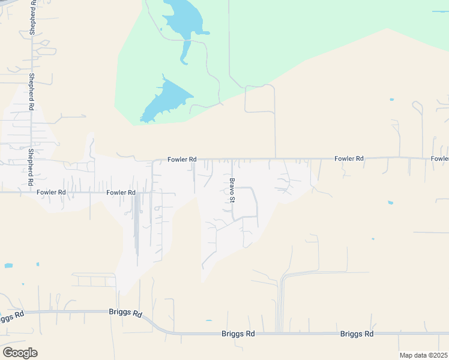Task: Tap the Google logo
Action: tap(20, 352)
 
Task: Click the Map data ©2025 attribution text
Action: tap(424, 355)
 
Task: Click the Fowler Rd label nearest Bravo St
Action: tap(182, 160)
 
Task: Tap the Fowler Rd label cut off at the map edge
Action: tap(439, 158)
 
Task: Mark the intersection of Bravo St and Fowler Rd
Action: tap(232, 160)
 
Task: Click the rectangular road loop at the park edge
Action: tap(259, 99)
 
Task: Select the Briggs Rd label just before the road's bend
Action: tap(125, 313)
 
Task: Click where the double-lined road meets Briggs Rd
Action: tap(280, 333)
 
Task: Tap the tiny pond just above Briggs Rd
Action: tap(208, 321)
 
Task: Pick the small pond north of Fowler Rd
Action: tap(391, 99)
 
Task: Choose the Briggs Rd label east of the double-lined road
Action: tap(357, 334)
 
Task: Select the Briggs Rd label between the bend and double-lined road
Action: tap(238, 334)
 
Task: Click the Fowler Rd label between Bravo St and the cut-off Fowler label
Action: tap(349, 158)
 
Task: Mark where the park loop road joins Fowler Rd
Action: tap(276, 159)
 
